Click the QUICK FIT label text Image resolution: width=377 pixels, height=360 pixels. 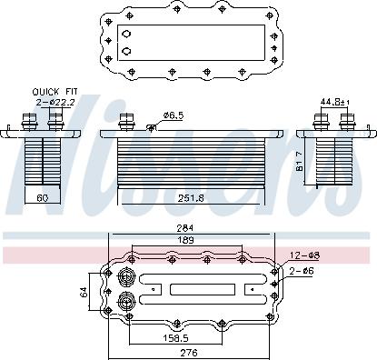click(x=54, y=92)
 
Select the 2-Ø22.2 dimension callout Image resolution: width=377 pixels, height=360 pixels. click(x=54, y=102)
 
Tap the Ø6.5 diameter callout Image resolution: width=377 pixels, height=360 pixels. click(x=174, y=115)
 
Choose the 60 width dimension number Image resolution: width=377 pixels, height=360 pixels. click(x=42, y=195)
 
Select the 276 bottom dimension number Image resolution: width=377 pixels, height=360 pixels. click(x=188, y=352)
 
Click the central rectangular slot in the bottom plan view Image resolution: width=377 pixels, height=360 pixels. click(x=194, y=290)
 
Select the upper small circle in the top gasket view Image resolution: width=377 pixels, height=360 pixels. click(x=127, y=35)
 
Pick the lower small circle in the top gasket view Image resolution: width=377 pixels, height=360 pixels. click(x=127, y=51)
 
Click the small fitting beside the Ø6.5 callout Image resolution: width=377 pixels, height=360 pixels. click(x=152, y=127)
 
